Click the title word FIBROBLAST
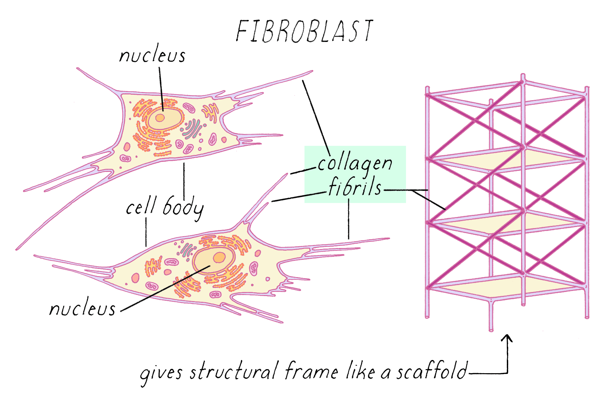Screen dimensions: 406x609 coord(304,31)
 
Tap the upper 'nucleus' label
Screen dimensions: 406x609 coord(152,56)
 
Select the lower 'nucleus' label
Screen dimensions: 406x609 coord(82,309)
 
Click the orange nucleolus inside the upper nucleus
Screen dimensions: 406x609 coord(160,118)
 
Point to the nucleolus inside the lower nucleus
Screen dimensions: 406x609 coord(219,257)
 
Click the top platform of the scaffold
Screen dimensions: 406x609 coord(507,159)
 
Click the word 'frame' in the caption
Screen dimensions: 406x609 coord(311,371)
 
